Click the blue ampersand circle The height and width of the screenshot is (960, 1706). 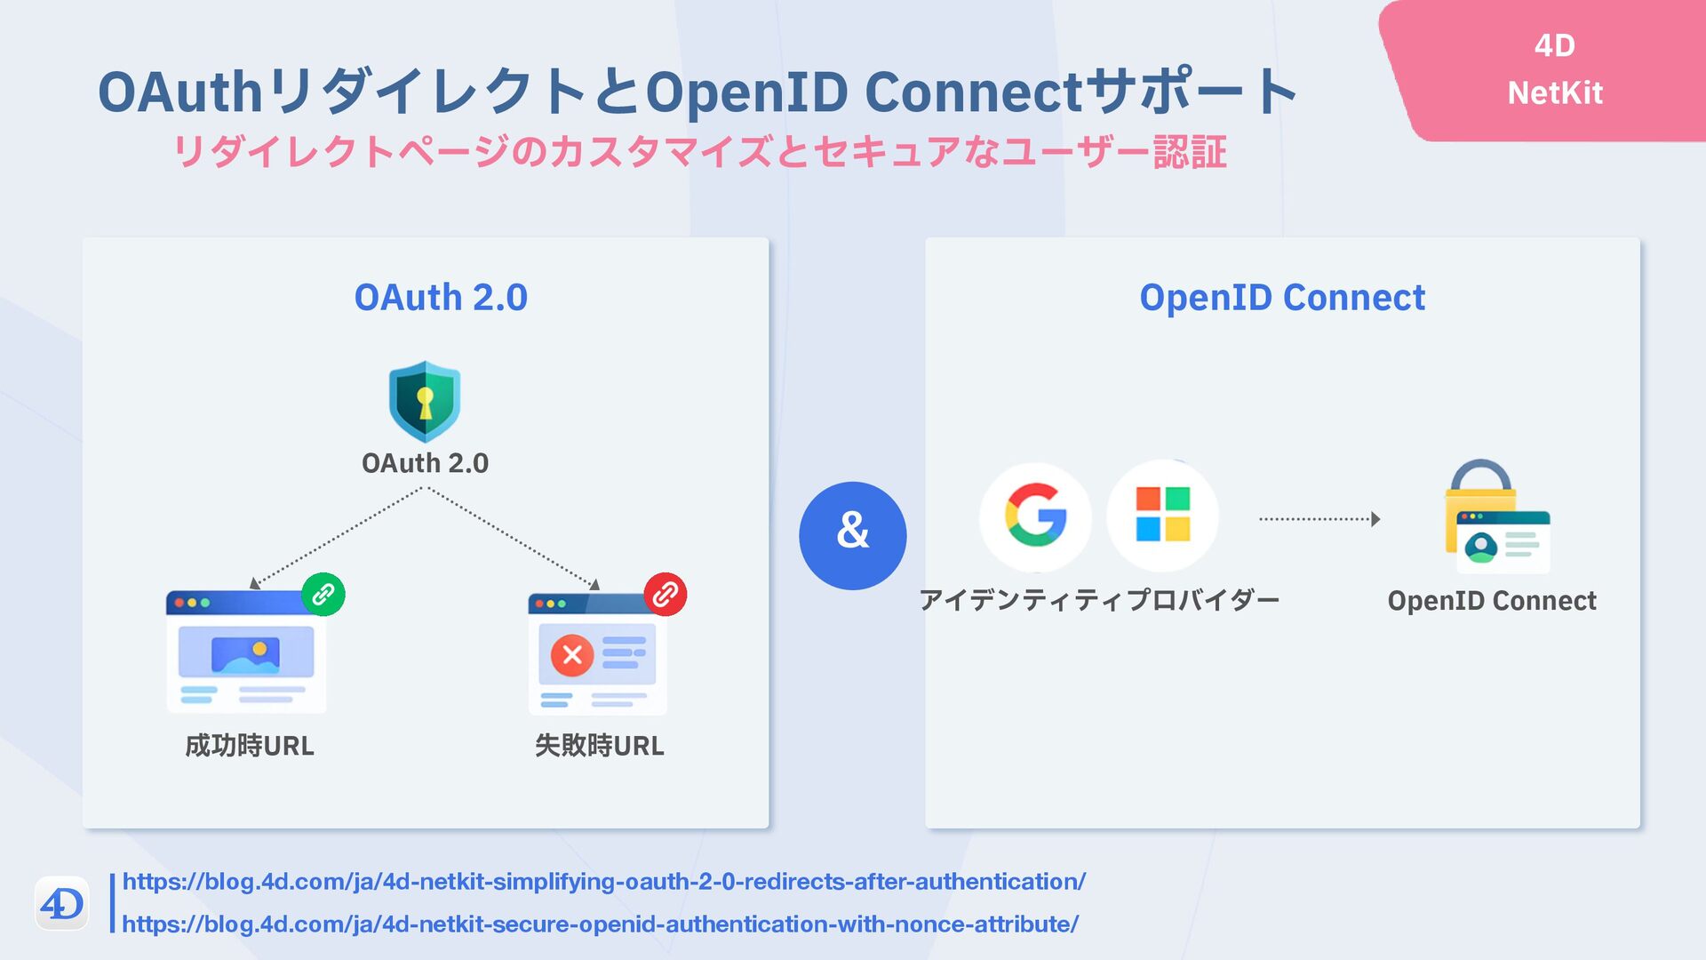click(x=852, y=535)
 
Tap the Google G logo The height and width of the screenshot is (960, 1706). click(x=1035, y=516)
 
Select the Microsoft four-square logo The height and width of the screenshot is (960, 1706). click(x=1162, y=515)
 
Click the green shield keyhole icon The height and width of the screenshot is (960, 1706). click(x=425, y=402)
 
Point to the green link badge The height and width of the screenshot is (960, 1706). click(x=323, y=594)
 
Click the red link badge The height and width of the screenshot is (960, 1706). click(x=666, y=594)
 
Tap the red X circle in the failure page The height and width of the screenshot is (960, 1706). click(x=572, y=656)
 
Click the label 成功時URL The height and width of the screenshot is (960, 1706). click(x=250, y=745)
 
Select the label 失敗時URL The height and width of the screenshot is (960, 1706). click(x=600, y=745)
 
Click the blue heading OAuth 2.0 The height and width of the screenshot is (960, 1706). click(x=441, y=297)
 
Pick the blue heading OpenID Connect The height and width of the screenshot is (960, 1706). click(x=1282, y=297)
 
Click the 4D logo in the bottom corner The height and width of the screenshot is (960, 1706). click(x=61, y=904)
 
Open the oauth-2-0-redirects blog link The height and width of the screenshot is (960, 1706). click(x=604, y=882)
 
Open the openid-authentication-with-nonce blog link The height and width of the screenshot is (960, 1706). click(x=601, y=924)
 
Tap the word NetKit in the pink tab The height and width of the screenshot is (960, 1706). click(x=1555, y=92)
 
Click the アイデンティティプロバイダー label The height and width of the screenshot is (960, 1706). click(x=1099, y=600)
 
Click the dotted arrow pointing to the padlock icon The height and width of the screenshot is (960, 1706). click(x=1319, y=519)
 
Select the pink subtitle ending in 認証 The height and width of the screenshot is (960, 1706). click(x=700, y=152)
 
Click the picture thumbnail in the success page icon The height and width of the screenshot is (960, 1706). click(x=245, y=653)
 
